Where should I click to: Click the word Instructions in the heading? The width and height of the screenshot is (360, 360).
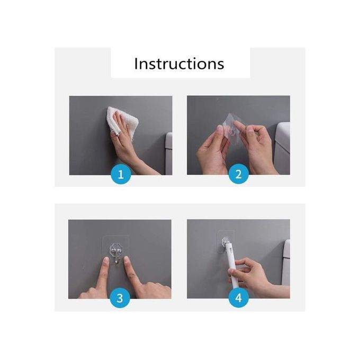tap(179, 64)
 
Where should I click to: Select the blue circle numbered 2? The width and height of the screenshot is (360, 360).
tap(239, 174)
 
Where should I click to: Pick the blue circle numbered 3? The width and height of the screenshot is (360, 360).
tap(120, 298)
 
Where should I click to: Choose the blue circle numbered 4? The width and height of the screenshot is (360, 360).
tap(239, 298)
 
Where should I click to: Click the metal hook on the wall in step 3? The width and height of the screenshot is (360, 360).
tap(117, 255)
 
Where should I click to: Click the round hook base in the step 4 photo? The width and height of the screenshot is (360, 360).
tap(225, 241)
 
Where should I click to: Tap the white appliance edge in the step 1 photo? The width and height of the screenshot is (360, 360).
tap(169, 154)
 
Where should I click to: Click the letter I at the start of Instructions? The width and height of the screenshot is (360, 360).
tap(136, 64)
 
